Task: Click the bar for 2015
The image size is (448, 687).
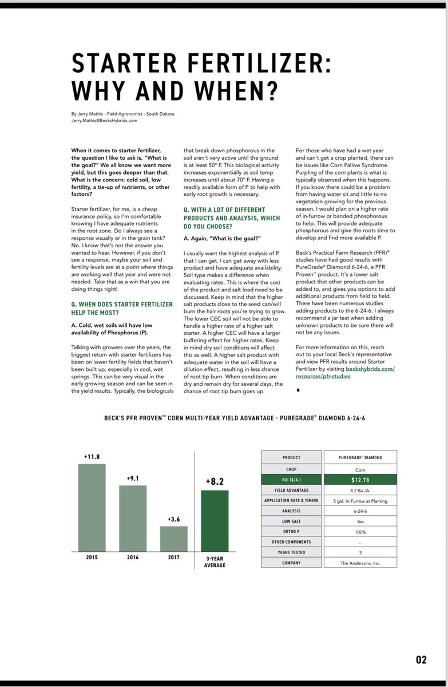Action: point(92,507)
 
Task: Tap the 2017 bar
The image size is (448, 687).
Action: point(173,538)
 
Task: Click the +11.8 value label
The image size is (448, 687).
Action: point(92,457)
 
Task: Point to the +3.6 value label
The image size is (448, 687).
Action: point(173,519)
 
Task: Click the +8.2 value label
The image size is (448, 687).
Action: point(215,482)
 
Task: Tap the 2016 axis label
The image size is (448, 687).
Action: point(133,557)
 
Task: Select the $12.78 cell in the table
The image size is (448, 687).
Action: point(360,479)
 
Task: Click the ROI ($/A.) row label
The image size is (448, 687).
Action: point(291,479)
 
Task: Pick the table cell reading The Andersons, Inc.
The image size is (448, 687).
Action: point(360,563)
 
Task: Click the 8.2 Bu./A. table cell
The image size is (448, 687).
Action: point(360,489)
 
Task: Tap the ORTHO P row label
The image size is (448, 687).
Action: point(291,531)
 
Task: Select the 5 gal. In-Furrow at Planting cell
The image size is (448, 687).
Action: point(360,500)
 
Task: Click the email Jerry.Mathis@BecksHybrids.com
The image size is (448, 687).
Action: point(104,121)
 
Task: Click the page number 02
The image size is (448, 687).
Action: point(421,660)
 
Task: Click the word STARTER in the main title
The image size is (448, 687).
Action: point(126,62)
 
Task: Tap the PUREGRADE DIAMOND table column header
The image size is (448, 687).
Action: point(360,457)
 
